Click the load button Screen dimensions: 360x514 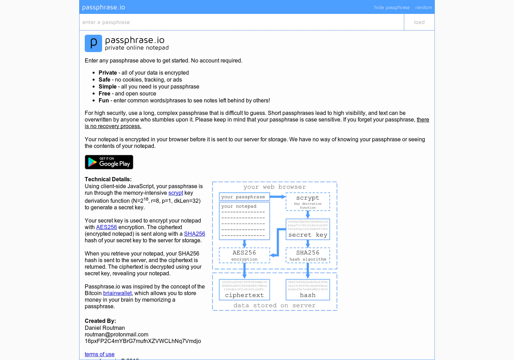[419, 22]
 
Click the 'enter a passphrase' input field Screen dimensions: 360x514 [241, 22]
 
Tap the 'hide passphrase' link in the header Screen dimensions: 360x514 [392, 7]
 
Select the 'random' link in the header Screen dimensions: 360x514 [423, 7]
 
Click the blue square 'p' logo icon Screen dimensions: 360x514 [93, 43]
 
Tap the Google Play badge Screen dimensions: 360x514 [109, 162]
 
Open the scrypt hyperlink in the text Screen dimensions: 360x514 [176, 193]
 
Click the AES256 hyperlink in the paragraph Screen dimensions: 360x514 [106, 227]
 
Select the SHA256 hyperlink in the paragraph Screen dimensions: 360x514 [194, 234]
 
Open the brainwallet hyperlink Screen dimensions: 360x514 [117, 293]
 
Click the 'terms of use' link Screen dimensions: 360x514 [100, 354]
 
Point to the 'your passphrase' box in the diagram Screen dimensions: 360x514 [244, 197]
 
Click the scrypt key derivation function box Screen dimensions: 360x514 [308, 202]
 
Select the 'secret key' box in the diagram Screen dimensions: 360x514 [308, 229]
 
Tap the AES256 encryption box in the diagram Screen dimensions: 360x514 [244, 255]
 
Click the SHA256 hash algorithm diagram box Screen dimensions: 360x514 [308, 255]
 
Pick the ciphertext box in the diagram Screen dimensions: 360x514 [244, 290]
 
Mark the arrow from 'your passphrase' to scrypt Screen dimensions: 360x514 [278, 197]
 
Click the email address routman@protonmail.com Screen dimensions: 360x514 [116, 335]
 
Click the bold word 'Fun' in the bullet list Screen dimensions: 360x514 [103, 101]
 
